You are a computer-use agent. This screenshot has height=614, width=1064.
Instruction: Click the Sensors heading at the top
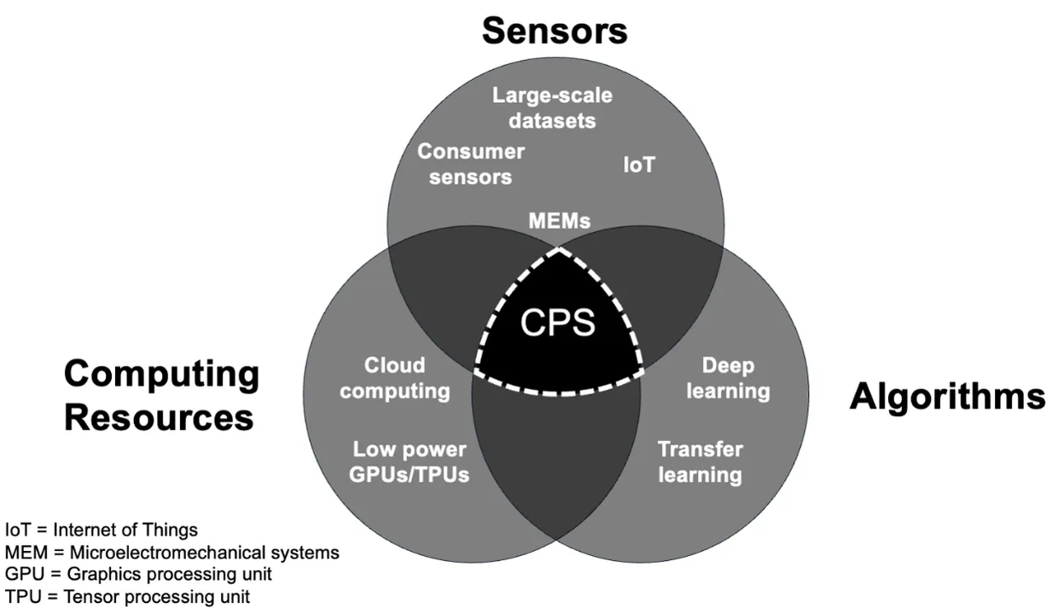[x=554, y=30]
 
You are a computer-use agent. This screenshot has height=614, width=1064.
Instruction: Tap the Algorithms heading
[x=946, y=397]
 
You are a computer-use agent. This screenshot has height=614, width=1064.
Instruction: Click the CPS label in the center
[x=557, y=324]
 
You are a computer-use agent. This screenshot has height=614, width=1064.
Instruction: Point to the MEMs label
[x=559, y=221]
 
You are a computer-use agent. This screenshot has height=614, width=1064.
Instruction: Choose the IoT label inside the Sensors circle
[x=638, y=165]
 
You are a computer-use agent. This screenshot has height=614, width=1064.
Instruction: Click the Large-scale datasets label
[x=552, y=107]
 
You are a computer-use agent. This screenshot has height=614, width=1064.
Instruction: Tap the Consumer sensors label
[x=470, y=165]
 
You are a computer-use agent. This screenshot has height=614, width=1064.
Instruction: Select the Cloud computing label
[x=394, y=379]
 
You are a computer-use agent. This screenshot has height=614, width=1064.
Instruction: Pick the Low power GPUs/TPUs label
[x=410, y=462]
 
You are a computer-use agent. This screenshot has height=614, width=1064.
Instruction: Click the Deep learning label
[x=728, y=379]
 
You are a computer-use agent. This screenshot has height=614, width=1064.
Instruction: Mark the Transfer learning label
[x=700, y=461]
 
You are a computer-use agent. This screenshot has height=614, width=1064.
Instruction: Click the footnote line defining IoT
[x=102, y=530]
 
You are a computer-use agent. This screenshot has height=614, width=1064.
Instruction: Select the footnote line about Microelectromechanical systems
[x=172, y=553]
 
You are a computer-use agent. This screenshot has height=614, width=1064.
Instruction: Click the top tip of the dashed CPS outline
[x=558, y=250]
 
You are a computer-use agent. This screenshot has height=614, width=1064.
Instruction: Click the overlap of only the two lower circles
[x=556, y=460]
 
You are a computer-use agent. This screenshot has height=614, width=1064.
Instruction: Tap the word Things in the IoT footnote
[x=175, y=530]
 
